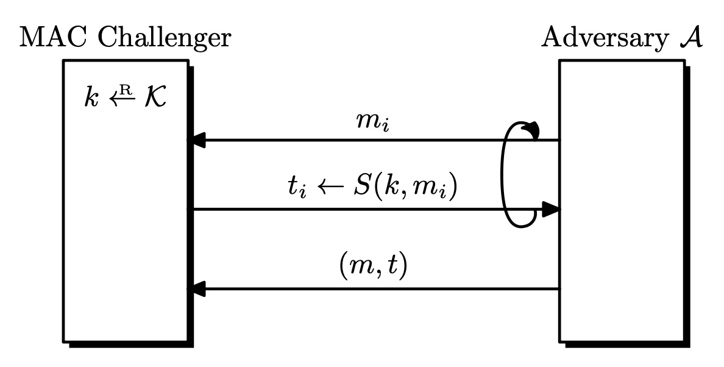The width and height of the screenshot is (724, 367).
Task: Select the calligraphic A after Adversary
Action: (690, 37)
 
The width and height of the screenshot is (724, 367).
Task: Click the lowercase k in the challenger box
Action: (91, 98)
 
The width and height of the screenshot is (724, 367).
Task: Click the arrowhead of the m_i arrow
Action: (196, 141)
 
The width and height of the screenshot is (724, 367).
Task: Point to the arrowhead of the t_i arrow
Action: (551, 210)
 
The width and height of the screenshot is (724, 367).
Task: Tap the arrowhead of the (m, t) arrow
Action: (196, 288)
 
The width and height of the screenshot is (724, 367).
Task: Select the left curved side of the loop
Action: (504, 177)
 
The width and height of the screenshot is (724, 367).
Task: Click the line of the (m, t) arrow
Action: (378, 288)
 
